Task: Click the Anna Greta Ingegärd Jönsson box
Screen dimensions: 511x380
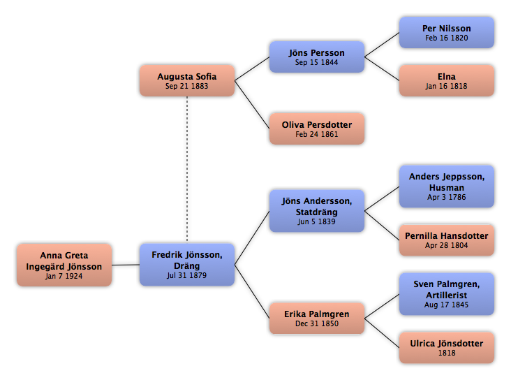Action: pyautogui.click(x=64, y=265)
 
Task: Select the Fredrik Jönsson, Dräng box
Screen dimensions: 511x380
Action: pyautogui.click(x=187, y=265)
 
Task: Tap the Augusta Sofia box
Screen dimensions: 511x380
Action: pyautogui.click(x=187, y=80)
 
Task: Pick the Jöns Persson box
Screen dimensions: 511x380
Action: pyautogui.click(x=317, y=57)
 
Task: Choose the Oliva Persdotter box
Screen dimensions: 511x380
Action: pyautogui.click(x=317, y=129)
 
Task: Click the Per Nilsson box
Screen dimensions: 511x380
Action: pyautogui.click(x=447, y=33)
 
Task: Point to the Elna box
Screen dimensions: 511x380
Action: pyautogui.click(x=447, y=80)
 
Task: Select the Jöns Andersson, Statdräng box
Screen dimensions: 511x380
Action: pyautogui.click(x=317, y=211)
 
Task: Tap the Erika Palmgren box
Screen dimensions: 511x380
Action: pyautogui.click(x=317, y=319)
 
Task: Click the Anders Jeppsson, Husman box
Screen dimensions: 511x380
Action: pyautogui.click(x=447, y=187)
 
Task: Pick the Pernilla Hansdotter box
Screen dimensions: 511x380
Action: pyautogui.click(x=447, y=240)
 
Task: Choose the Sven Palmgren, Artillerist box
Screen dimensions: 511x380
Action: pyautogui.click(x=447, y=294)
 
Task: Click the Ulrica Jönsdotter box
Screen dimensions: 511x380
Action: pyautogui.click(x=447, y=348)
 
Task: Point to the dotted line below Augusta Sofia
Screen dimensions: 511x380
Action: pyautogui.click(x=187, y=169)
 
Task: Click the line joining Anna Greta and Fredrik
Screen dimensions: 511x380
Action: pyautogui.click(x=126, y=265)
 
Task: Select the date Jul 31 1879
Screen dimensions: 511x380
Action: pyautogui.click(x=186, y=275)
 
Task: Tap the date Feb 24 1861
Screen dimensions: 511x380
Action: pyautogui.click(x=317, y=134)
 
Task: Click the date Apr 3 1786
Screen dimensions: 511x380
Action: pyautogui.click(x=447, y=197)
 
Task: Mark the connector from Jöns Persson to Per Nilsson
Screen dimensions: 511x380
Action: pyautogui.click(x=382, y=45)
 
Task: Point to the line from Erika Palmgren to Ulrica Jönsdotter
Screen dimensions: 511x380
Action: pyautogui.click(x=382, y=333)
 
